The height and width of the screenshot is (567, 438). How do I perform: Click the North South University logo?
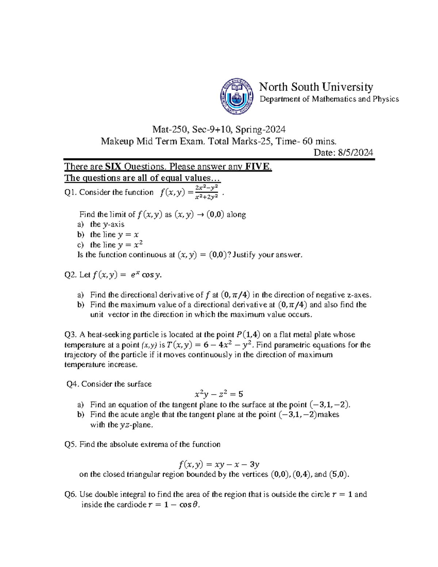(x=237, y=97)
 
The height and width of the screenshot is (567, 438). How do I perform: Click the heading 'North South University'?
(x=316, y=87)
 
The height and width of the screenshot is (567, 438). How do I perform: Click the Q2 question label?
(x=70, y=275)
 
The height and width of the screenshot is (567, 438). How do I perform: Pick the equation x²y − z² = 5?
(x=219, y=394)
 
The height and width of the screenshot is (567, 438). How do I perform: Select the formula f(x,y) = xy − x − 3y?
(x=219, y=464)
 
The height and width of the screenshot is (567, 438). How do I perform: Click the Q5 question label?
(x=70, y=444)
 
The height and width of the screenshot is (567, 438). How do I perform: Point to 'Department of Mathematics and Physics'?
(x=329, y=99)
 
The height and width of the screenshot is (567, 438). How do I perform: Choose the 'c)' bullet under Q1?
(x=81, y=245)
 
